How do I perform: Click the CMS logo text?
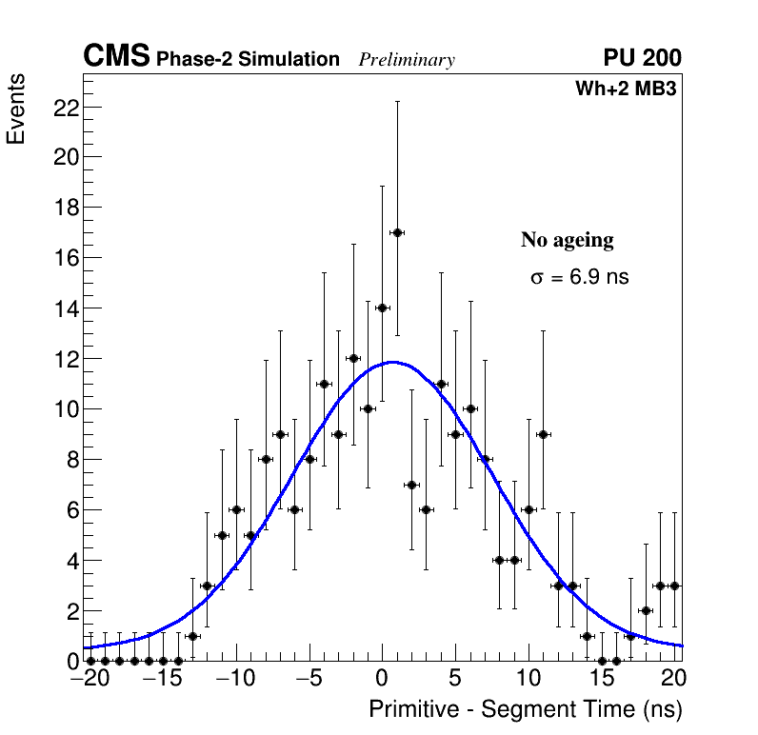116,57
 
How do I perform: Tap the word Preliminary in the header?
407,60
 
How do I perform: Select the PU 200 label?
642,58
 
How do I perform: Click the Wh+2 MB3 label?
626,89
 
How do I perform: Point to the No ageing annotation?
568,240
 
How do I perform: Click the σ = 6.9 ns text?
580,278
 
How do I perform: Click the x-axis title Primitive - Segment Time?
526,709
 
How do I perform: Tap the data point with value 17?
397,232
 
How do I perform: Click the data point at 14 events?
383,308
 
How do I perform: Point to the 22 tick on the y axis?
65,107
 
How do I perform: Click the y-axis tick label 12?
65,359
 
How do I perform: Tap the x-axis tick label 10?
529,681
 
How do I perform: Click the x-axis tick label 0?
383,681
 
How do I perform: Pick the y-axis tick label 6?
70,510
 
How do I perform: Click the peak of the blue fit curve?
391,362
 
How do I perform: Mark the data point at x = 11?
543,434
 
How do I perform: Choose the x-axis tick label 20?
673,681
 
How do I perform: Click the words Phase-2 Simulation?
248,60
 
